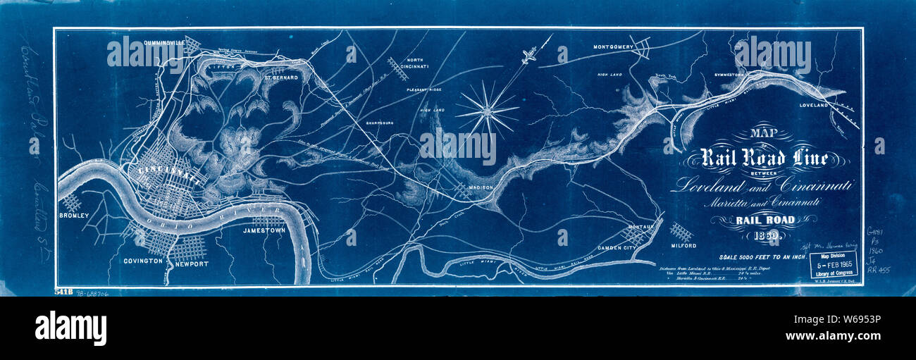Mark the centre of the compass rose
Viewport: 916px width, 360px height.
click(x=487, y=111)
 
